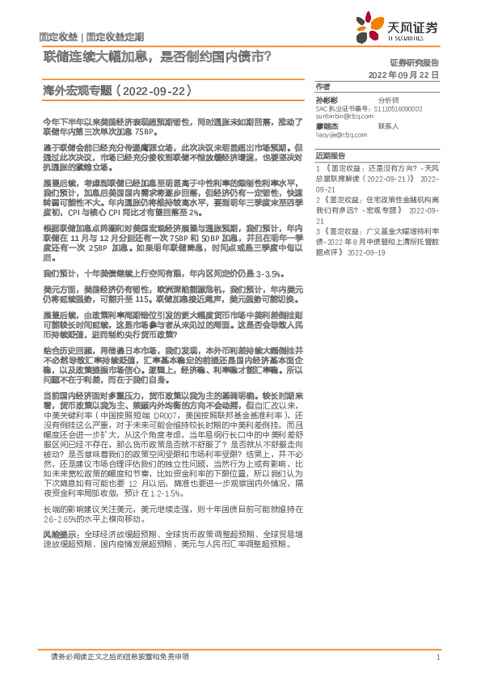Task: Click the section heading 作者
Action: pyautogui.click(x=324, y=86)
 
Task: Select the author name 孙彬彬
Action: pyautogui.click(x=327, y=99)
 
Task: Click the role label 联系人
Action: pyautogui.click(x=388, y=126)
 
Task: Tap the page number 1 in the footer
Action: pyautogui.click(x=437, y=657)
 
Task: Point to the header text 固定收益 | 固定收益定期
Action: pyautogui.click(x=91, y=38)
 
